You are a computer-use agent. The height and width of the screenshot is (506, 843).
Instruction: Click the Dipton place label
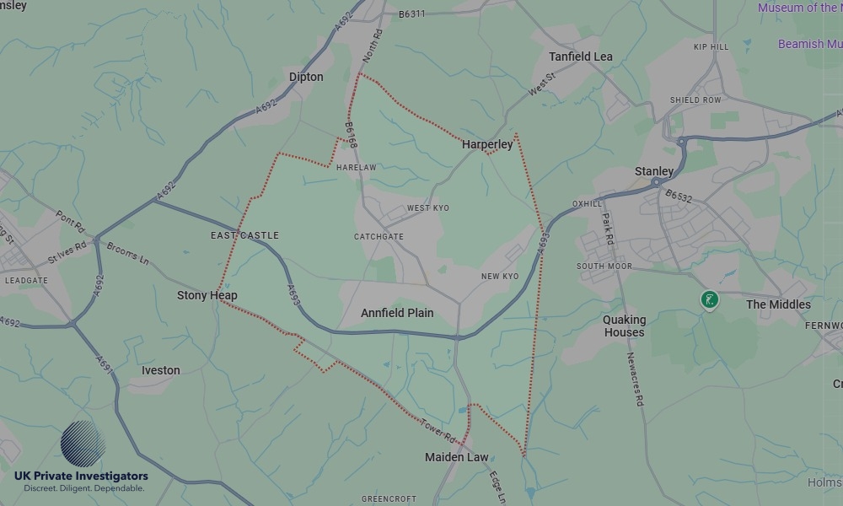306,77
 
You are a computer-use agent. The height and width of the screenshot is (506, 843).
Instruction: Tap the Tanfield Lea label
581,57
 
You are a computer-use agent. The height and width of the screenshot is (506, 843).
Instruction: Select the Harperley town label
487,144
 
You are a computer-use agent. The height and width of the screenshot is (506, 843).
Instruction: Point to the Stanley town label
654,171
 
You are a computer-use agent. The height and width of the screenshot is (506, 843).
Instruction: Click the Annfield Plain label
397,313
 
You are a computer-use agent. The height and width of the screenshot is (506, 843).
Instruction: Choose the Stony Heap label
207,295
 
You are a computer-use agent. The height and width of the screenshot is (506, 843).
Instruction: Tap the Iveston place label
160,370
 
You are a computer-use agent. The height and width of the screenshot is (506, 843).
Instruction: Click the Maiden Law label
456,457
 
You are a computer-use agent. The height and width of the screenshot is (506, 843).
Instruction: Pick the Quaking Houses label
624,326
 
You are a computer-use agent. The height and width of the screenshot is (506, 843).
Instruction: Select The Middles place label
778,304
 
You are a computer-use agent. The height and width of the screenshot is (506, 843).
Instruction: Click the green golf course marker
711,299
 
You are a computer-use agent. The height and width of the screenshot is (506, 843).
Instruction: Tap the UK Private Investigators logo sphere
83,444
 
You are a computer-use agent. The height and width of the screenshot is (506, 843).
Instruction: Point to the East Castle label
244,235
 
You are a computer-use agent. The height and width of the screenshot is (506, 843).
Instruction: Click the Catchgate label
379,237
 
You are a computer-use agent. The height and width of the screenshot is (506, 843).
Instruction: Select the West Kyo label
428,207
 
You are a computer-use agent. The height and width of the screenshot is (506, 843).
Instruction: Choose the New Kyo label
500,277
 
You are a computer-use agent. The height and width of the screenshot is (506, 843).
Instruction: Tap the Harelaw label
356,168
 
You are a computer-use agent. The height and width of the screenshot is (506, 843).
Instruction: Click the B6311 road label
412,13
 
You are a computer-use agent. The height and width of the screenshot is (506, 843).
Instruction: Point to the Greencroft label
389,499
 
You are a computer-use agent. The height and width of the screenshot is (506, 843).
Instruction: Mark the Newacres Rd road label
633,380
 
